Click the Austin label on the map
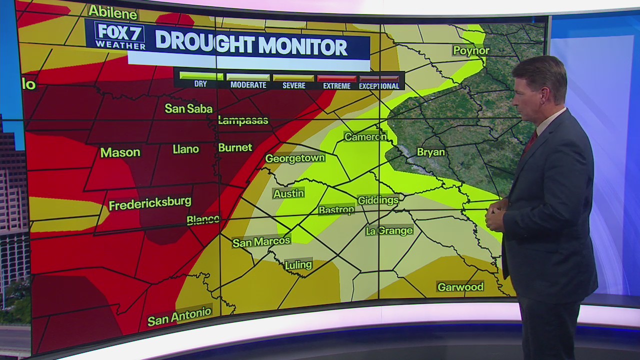pyautogui.click(x=288, y=193)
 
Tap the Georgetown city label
pyautogui.click(x=295, y=158)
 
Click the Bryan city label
pyautogui.click(x=430, y=152)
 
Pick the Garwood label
pyautogui.click(x=460, y=287)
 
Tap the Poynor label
pyautogui.click(x=471, y=50)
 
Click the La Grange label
pyautogui.click(x=389, y=230)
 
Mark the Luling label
pyautogui.click(x=298, y=265)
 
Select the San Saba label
pyautogui.click(x=188, y=108)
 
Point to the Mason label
pyautogui.click(x=120, y=152)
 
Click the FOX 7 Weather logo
pyautogui.click(x=119, y=36)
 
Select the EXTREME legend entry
pyautogui.click(x=336, y=81)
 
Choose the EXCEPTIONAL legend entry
pyautogui.click(x=379, y=81)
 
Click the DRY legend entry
pyautogui.click(x=200, y=80)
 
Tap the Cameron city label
pyautogui.click(x=365, y=137)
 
